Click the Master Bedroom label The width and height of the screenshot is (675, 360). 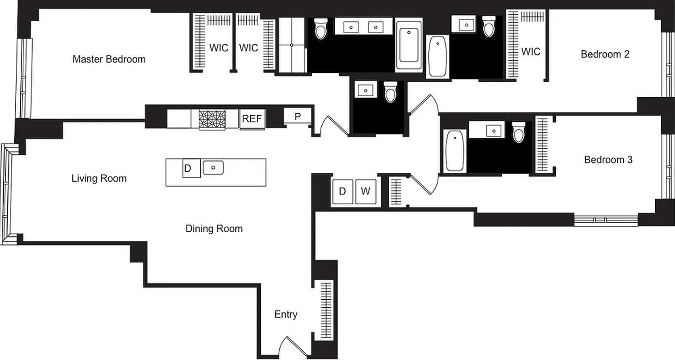[x=109, y=59]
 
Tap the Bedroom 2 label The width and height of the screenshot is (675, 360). [x=605, y=54]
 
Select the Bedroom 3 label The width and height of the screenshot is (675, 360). [x=608, y=160]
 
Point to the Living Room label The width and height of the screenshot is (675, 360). [x=99, y=179]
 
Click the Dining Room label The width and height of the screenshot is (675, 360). [x=214, y=229]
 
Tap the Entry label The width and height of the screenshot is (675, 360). [x=286, y=315]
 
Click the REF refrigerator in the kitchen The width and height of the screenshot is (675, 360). [x=252, y=119]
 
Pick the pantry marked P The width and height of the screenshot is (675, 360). [x=297, y=116]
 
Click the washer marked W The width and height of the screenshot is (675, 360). [x=365, y=192]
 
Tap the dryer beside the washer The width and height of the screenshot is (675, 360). [x=342, y=192]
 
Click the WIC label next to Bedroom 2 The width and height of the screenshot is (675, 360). [x=531, y=52]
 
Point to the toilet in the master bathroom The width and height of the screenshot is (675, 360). [x=320, y=29]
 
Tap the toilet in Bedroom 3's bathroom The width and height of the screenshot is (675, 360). [x=518, y=132]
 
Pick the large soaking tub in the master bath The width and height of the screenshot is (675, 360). [x=409, y=45]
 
